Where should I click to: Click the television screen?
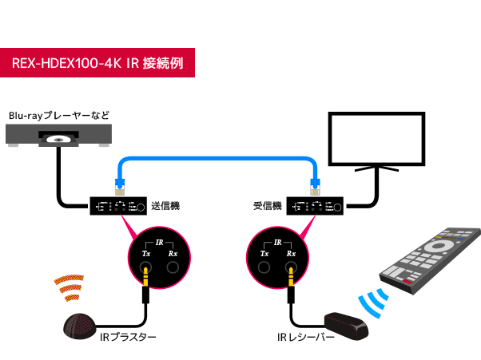click(374, 136)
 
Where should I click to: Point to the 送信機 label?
click(165, 206)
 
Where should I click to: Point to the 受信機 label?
click(267, 207)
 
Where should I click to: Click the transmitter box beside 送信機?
click(118, 207)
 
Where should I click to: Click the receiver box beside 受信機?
click(318, 207)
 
